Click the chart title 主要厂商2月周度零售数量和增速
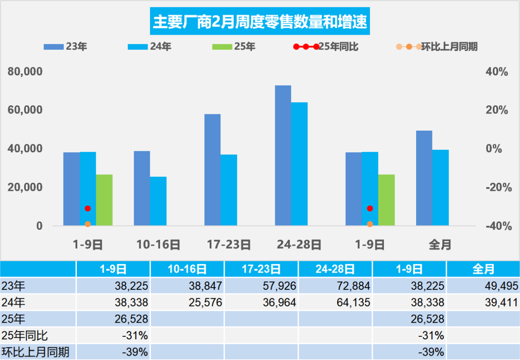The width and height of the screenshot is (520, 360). (260, 22)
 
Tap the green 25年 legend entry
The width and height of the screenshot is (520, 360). (234, 47)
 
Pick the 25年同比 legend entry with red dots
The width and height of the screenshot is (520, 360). (325, 47)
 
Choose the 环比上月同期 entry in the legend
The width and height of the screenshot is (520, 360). (437, 47)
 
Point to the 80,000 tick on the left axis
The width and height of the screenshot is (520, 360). (25, 72)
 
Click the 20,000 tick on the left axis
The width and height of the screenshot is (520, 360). (25, 188)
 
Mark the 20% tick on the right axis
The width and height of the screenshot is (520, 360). (496, 110)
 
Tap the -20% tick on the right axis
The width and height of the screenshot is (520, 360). (496, 188)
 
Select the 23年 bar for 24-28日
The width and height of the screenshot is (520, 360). (283, 155)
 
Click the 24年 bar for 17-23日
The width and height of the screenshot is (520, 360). (229, 190)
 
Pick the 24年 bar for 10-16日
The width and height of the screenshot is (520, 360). (158, 201)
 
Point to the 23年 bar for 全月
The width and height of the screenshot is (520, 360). (424, 178)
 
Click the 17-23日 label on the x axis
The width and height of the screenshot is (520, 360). (229, 245)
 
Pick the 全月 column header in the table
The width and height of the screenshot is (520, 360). (483, 269)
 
